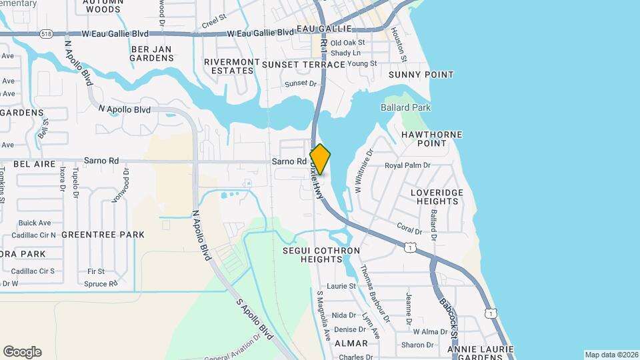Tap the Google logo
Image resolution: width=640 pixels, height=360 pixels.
click(22, 352)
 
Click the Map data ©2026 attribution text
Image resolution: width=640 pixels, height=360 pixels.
click(611, 355)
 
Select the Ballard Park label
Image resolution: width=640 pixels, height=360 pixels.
click(405, 107)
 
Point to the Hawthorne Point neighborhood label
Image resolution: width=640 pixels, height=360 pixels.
click(431, 139)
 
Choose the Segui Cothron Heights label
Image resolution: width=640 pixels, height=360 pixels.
click(321, 255)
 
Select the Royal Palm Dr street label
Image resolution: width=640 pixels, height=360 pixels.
click(409, 165)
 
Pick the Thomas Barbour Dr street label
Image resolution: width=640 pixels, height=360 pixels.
click(374, 289)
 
